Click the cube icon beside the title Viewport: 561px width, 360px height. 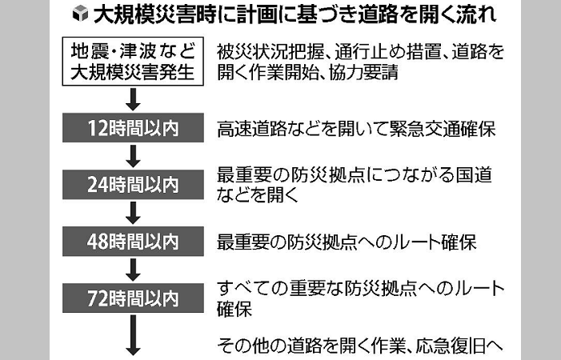[x=80, y=14]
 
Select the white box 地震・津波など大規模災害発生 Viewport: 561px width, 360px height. [x=133, y=61]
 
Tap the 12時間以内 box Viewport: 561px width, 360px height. [x=133, y=128]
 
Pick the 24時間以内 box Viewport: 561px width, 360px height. [x=133, y=185]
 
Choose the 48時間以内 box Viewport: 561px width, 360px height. [x=133, y=242]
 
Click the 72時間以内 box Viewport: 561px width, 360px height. [x=133, y=298]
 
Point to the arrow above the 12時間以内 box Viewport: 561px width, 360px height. [x=133, y=99]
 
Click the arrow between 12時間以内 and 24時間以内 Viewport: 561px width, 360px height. [x=133, y=156]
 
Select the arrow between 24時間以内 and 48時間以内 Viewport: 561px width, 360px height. [x=133, y=213]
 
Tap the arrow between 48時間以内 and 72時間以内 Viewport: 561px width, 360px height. [x=133, y=270]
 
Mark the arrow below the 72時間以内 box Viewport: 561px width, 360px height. [x=133, y=335]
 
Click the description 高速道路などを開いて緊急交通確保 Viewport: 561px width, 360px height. [x=356, y=129]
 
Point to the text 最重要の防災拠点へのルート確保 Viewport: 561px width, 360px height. [x=347, y=242]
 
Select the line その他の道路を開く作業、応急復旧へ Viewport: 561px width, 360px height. [x=360, y=346]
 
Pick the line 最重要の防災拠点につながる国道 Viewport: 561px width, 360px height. [x=355, y=175]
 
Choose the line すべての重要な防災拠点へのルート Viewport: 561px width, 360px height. [x=361, y=289]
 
